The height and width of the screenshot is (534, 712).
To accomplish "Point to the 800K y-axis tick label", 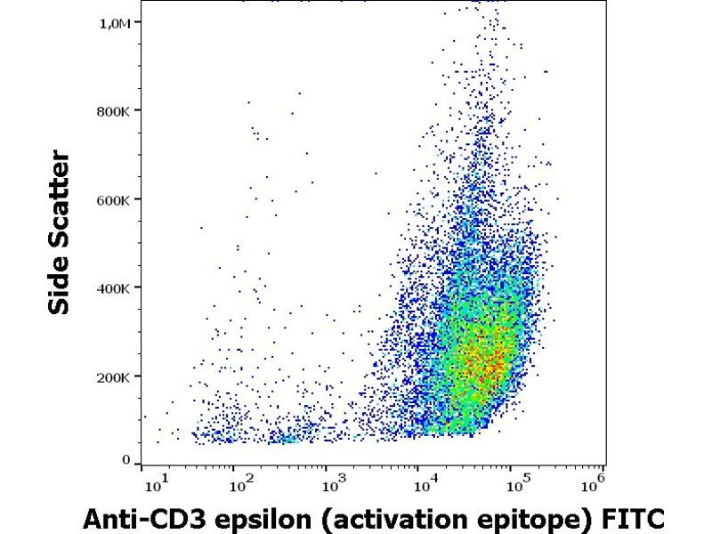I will point(115,111).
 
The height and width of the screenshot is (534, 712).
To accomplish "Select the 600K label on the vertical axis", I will point(115,199).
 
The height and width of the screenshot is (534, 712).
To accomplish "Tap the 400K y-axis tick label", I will point(115,288).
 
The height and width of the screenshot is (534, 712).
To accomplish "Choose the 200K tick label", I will point(115,376).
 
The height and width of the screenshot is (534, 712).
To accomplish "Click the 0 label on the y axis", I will point(127,459).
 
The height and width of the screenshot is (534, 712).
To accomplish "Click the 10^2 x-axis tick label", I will point(239,484).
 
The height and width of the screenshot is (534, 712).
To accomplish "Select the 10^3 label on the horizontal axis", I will point(331,484).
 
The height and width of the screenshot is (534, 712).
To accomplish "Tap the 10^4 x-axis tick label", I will point(424,484).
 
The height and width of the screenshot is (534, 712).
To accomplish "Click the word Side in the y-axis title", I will point(61,289).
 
